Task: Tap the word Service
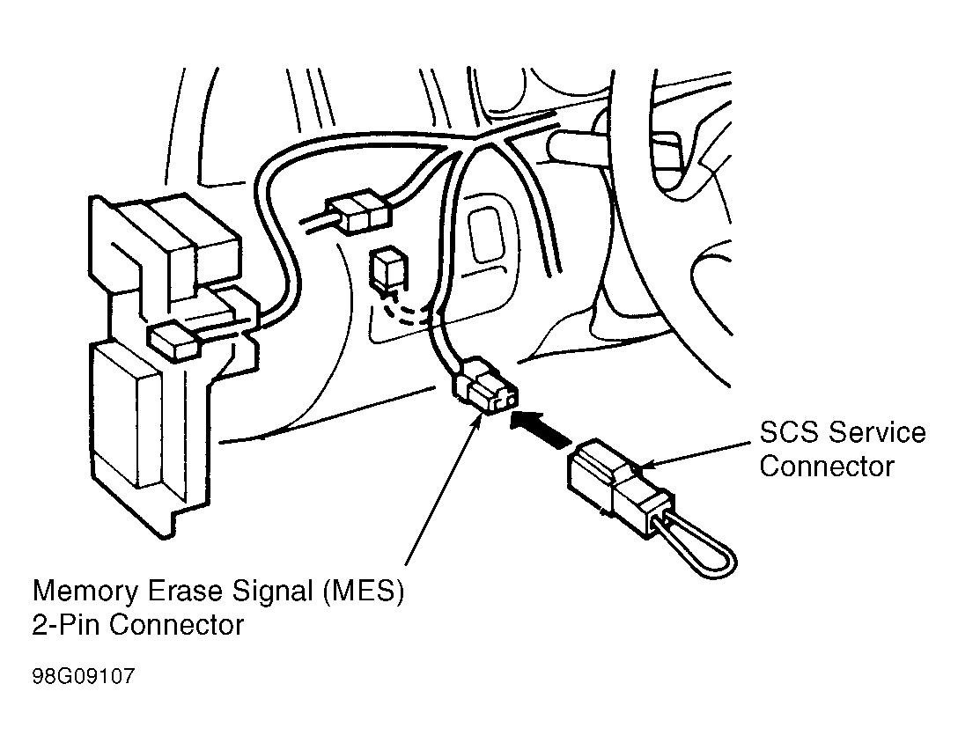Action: pyautogui.click(x=875, y=432)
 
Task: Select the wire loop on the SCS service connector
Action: pyautogui.click(x=696, y=546)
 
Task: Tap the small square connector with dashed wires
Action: pyautogui.click(x=385, y=268)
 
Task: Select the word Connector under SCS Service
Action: pyautogui.click(x=826, y=466)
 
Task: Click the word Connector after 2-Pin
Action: pyautogui.click(x=176, y=625)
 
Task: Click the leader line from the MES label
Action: pyautogui.click(x=440, y=493)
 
